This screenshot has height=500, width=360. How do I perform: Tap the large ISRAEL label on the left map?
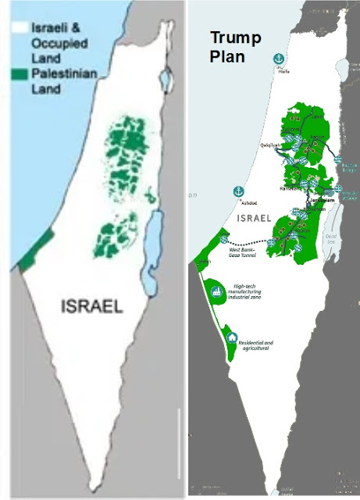point(91,307)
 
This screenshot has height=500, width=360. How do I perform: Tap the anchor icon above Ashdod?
point(234,192)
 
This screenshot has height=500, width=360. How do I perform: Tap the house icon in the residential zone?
point(232,338)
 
